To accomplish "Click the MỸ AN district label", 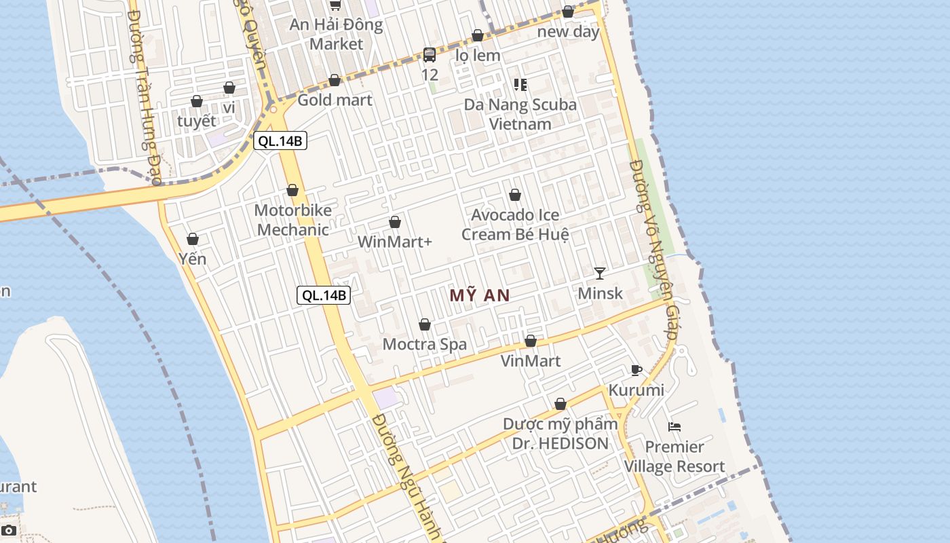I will (x=479, y=295).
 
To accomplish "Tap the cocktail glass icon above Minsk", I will (x=600, y=274).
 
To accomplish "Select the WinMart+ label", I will (x=394, y=242).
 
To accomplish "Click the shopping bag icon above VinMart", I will (x=531, y=341).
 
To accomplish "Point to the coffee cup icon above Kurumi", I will (x=636, y=370).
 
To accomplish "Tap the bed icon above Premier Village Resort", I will (x=674, y=427).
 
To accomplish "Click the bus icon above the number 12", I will (x=430, y=55).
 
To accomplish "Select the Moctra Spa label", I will (x=425, y=344).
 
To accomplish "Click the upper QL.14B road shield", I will (x=280, y=141).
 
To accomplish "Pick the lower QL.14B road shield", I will (x=324, y=295).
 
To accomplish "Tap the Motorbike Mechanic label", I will (x=293, y=220).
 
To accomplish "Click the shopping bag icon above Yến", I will (x=193, y=239).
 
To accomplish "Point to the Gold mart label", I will (x=335, y=100).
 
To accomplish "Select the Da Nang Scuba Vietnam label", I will (x=520, y=114).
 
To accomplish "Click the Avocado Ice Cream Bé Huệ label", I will (x=515, y=225).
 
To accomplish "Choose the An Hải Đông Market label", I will (x=337, y=35).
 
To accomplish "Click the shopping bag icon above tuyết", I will (x=197, y=102).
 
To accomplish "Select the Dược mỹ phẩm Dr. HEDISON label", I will (x=560, y=434).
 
